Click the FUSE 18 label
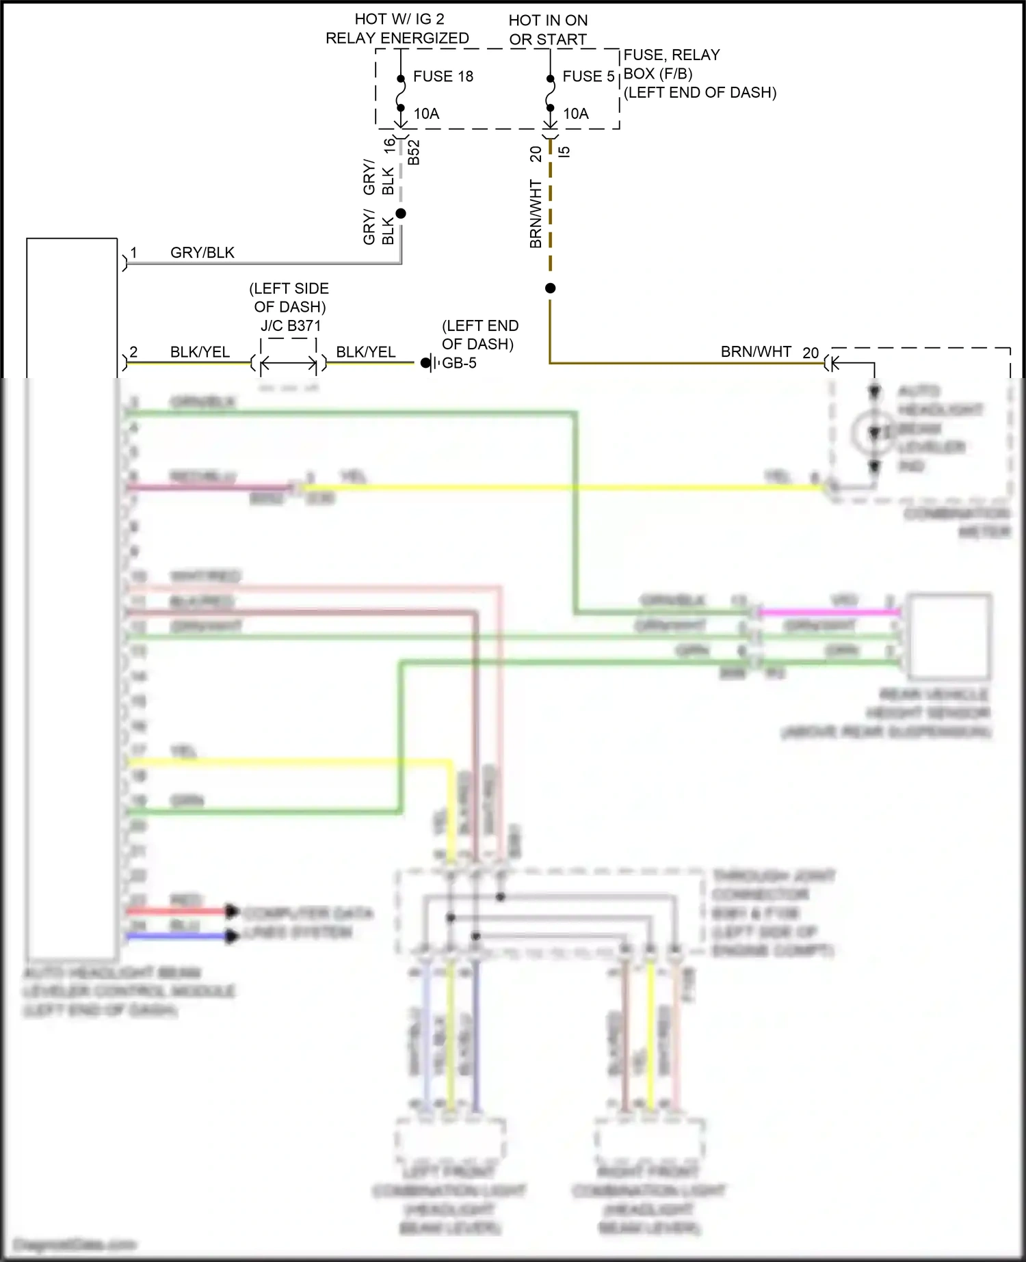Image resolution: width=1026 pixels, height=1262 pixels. [443, 77]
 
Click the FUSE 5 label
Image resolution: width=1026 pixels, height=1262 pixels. [588, 77]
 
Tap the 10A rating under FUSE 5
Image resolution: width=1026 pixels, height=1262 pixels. [575, 114]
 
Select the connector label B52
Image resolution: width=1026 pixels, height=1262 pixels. [413, 152]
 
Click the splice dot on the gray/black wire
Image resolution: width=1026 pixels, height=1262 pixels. [401, 214]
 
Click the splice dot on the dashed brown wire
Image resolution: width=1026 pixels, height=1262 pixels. [550, 288]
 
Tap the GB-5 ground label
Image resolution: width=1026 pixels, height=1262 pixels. [459, 363]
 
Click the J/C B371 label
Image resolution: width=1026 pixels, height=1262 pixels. [290, 325]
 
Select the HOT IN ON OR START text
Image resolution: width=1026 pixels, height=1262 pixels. [548, 30]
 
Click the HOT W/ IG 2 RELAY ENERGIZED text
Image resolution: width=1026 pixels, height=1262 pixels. [397, 29]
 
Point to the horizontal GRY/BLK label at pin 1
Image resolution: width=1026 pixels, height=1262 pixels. [202, 253]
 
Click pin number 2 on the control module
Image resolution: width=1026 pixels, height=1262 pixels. [133, 352]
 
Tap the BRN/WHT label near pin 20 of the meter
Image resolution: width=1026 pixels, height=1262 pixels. [755, 352]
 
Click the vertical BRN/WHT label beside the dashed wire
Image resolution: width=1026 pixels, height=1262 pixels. [536, 213]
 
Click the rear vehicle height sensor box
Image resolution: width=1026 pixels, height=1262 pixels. [948, 635]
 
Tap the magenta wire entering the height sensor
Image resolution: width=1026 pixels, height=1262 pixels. [828, 613]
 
